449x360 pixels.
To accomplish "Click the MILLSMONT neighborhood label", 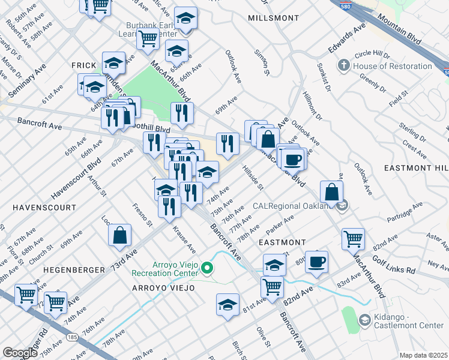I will (273, 18).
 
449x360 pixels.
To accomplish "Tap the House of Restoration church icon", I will (344, 65).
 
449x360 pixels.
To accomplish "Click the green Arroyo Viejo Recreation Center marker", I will (208, 267).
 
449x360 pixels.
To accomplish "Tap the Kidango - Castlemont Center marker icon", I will (364, 320).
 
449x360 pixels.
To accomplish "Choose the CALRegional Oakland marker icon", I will (342, 206).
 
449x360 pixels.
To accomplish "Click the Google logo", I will (20, 353).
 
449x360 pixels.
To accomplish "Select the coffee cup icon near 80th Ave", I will (316, 262).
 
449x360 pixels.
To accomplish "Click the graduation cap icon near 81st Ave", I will (228, 304).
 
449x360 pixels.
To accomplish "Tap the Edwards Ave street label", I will (346, 38).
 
